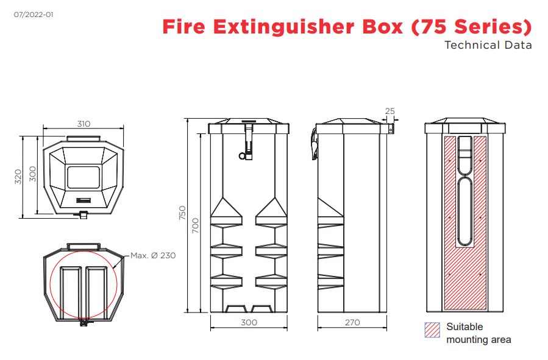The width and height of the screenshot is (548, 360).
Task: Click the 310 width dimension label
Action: pyautogui.click(x=84, y=124)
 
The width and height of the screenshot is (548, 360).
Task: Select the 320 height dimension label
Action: pyautogui.click(x=18, y=177)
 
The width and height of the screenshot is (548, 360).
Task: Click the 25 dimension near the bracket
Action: pyautogui.click(x=390, y=111)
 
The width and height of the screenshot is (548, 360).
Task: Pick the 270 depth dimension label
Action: pyautogui.click(x=352, y=322)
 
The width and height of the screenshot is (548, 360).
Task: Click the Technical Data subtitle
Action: pyautogui.click(x=488, y=45)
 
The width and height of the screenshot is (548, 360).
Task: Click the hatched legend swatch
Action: pyautogui.click(x=432, y=330)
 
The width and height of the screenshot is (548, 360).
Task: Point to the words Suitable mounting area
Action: pyautogui.click(x=479, y=333)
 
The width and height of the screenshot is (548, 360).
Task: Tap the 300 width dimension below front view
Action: pyautogui.click(x=249, y=322)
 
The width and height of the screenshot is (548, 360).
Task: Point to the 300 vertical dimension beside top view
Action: pyautogui.click(x=33, y=175)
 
